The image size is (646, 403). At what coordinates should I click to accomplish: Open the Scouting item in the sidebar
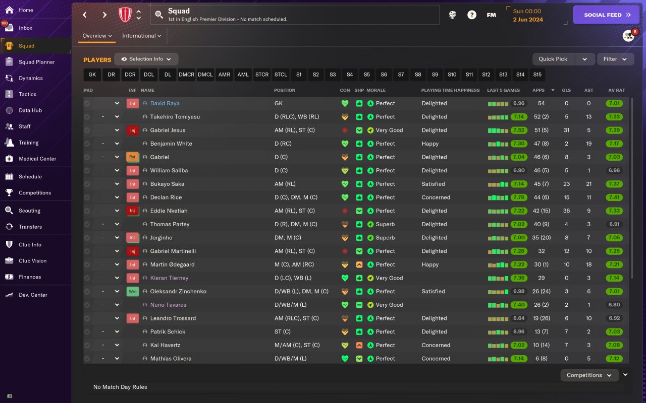coord(29,211)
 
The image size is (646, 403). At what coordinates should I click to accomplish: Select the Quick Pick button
coord(553,59)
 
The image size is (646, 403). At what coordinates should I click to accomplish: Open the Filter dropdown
coord(615,59)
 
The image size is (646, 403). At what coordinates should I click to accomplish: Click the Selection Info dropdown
coord(146,59)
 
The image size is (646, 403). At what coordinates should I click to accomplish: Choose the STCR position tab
coord(262,75)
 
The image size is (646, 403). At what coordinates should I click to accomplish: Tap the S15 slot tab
coord(537,75)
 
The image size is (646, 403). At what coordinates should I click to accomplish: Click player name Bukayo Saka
coord(167,184)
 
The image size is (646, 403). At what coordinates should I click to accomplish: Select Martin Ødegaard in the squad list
coord(172,264)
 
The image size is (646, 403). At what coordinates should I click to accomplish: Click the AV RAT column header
coord(616,90)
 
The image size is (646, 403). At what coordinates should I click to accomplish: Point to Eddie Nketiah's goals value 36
coord(566,211)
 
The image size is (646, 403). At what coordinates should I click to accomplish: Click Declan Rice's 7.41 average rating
coord(614,197)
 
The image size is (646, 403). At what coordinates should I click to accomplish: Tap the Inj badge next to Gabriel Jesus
coord(132,130)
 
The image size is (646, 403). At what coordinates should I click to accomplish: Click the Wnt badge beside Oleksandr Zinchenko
coord(132,291)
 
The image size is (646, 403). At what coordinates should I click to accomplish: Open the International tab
coord(141,36)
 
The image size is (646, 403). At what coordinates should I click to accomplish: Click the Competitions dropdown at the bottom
coord(589,375)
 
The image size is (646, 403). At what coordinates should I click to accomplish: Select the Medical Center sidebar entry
coord(37,159)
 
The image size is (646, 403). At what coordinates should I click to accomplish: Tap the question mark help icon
coord(471,15)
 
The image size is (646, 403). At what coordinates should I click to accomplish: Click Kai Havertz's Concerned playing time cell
coord(436,345)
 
